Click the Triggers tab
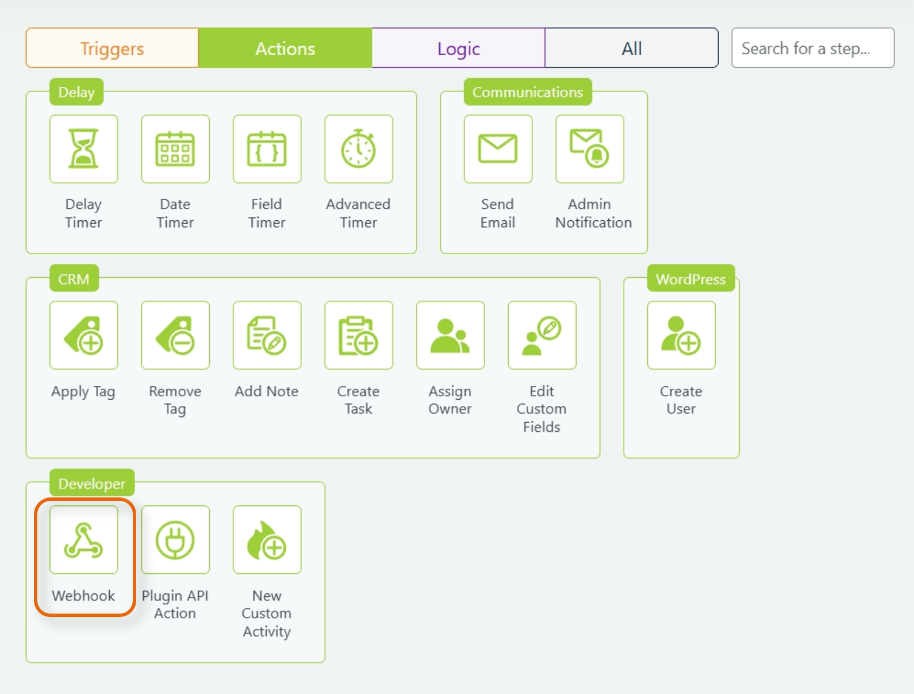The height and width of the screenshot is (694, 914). (x=112, y=48)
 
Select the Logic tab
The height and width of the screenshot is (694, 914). (x=458, y=48)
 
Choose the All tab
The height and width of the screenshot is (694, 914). (x=631, y=48)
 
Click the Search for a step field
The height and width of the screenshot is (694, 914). (x=812, y=48)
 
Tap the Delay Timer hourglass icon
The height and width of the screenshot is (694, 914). (x=84, y=149)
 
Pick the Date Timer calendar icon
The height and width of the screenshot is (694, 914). (x=175, y=149)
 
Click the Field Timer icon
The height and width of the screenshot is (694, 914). (x=267, y=149)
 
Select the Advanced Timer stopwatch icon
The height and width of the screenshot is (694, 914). (x=359, y=149)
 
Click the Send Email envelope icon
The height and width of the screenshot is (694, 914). (x=498, y=149)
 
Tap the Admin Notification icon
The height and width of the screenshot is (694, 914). (x=589, y=149)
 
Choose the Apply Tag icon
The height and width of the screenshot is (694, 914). (x=84, y=335)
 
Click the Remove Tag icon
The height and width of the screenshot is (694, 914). (x=175, y=335)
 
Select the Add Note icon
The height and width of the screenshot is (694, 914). (x=267, y=335)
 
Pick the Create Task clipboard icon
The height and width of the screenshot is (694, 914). (x=359, y=335)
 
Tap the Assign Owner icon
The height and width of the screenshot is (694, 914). (x=450, y=335)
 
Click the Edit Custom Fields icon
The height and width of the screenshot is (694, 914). (x=542, y=335)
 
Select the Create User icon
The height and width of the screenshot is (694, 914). (x=681, y=335)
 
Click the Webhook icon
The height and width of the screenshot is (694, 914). (x=84, y=539)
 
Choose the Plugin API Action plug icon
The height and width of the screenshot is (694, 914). (x=175, y=539)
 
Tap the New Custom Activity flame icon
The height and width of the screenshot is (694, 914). (x=267, y=539)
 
